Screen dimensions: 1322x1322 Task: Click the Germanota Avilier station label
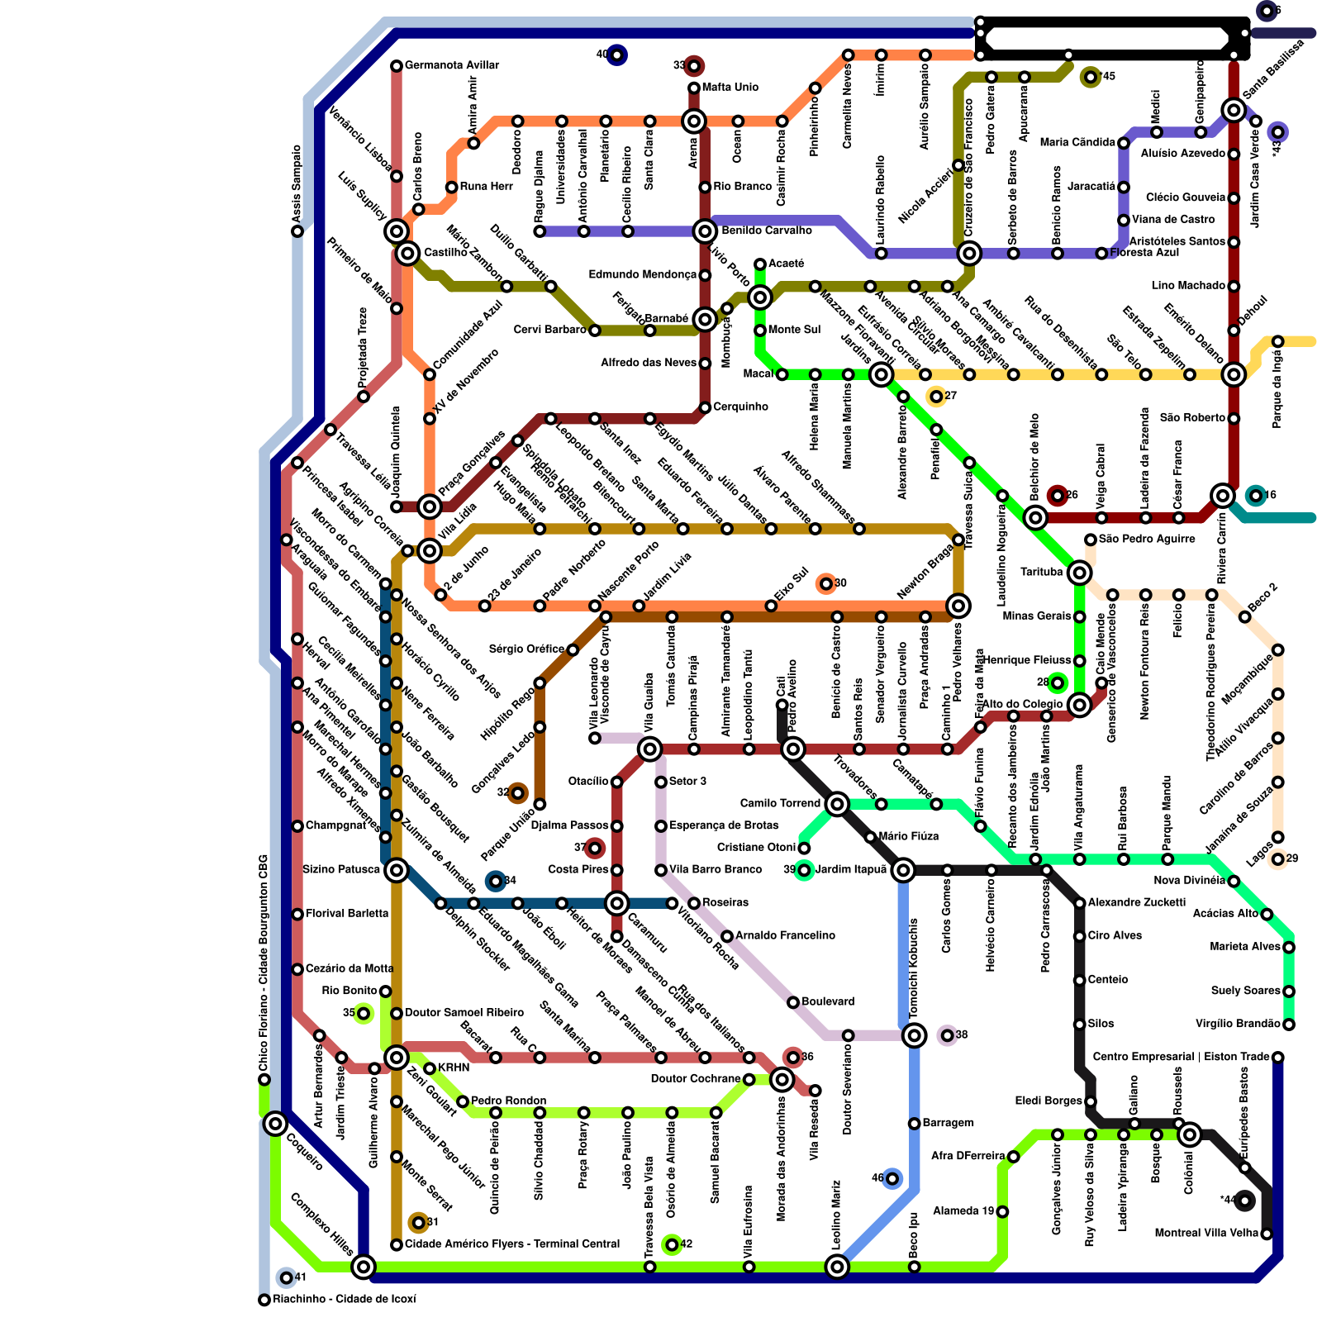tap(451, 65)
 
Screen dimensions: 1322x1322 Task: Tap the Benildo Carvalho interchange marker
tap(705, 231)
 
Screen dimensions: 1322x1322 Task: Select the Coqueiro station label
tap(305, 1151)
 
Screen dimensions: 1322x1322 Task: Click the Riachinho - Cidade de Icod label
tap(344, 1299)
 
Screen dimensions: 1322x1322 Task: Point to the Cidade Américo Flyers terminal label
tap(511, 1244)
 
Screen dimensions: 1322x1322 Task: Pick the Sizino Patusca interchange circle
tap(397, 870)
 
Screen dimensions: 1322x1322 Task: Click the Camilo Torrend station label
tap(780, 803)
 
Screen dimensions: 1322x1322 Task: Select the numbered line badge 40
tap(616, 55)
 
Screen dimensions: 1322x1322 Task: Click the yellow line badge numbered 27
tap(936, 397)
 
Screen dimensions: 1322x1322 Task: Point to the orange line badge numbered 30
tap(825, 584)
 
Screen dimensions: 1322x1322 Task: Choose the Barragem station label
tap(948, 1123)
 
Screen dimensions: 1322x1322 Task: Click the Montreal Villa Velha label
tap(1206, 1233)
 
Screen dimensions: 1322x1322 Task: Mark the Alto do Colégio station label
tap(1022, 704)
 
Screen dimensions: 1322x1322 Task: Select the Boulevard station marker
tap(793, 1002)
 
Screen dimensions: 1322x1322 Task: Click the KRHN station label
tap(453, 1068)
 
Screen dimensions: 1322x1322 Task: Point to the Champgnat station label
tap(335, 825)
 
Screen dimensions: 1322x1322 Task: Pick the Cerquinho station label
tap(740, 407)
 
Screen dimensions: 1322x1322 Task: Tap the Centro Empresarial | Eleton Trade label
tap(1181, 1057)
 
